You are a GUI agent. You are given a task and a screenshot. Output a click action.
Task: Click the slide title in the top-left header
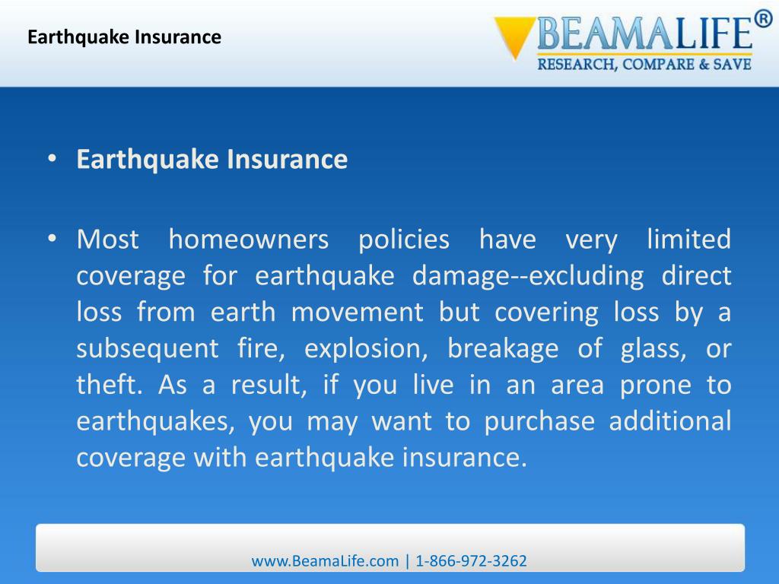coord(124,36)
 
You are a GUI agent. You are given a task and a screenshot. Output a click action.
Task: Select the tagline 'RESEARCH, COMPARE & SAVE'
coord(644,65)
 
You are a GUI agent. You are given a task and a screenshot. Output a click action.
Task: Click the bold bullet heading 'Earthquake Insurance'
coord(211,160)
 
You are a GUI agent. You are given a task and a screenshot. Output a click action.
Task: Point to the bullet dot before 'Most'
coord(51,240)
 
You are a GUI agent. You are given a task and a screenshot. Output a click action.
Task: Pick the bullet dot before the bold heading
coord(51,160)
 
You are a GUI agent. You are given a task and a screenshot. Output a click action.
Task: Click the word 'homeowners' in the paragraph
coord(248,240)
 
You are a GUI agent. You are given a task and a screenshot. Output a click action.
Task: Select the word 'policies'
coord(403,240)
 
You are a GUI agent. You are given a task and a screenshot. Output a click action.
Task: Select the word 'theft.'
coord(110,385)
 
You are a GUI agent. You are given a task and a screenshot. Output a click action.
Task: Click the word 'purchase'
coord(537,421)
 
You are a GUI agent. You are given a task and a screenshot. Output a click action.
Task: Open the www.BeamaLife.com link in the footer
coord(325,561)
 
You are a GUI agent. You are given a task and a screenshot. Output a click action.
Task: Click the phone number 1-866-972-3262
coord(471,561)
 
